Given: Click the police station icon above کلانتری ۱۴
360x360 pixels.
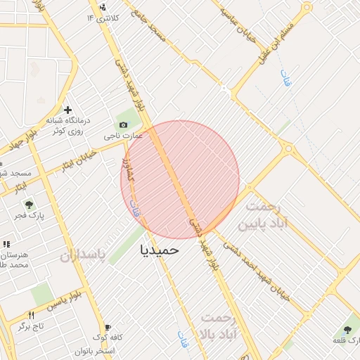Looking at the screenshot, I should [103, 6].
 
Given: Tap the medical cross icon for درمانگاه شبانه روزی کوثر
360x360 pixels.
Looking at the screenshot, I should [68, 110].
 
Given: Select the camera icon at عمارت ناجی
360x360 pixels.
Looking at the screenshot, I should [124, 124].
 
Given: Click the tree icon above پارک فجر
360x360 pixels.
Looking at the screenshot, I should [29, 205].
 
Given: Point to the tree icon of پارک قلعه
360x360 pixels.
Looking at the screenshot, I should [347, 329].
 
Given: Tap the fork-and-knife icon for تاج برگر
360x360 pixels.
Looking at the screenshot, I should [31, 316].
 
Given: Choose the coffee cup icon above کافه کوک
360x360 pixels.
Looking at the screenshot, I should [108, 327].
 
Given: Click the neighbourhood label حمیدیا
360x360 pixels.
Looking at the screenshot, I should [160, 249].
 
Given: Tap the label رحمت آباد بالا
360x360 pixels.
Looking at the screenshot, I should [221, 325].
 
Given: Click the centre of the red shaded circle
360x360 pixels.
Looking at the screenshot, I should [180, 179].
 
